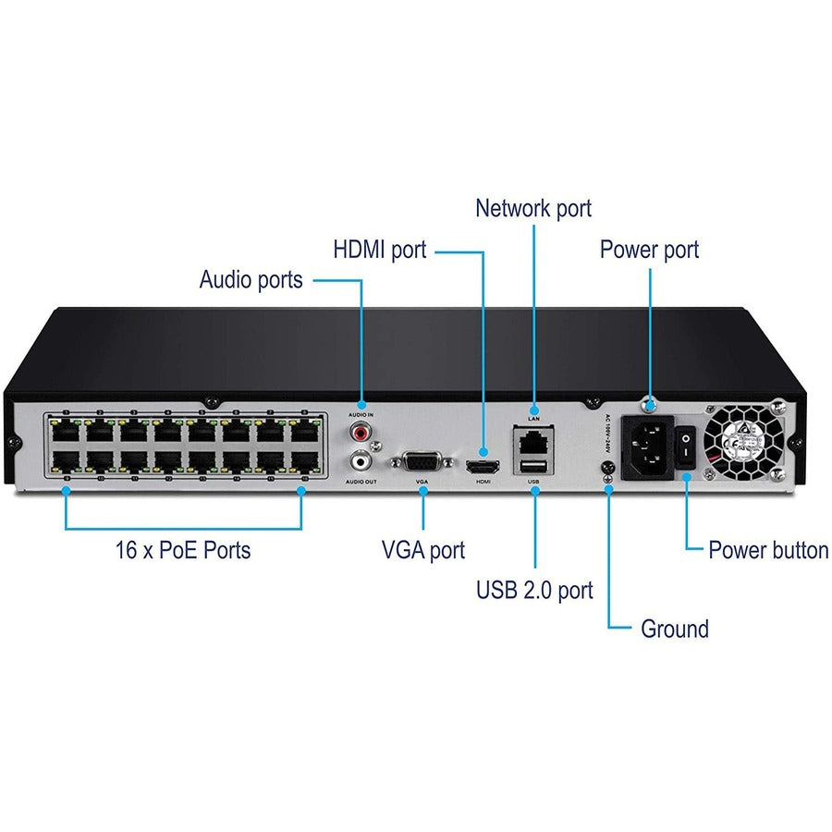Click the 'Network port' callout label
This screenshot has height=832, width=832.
(532, 208)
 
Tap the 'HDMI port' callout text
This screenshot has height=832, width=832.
(379, 250)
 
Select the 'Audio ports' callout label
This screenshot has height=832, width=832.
(251, 279)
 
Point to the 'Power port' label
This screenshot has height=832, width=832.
(649, 250)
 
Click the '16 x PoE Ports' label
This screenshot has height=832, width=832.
(183, 550)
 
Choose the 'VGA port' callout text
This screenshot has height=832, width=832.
(423, 550)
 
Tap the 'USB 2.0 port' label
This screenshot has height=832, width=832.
(534, 590)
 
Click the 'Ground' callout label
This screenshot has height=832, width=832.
(674, 630)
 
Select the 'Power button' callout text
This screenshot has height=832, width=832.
(767, 550)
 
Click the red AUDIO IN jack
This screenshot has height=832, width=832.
(360, 430)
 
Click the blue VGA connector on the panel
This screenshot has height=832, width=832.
(423, 463)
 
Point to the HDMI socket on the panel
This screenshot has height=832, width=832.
(482, 466)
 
